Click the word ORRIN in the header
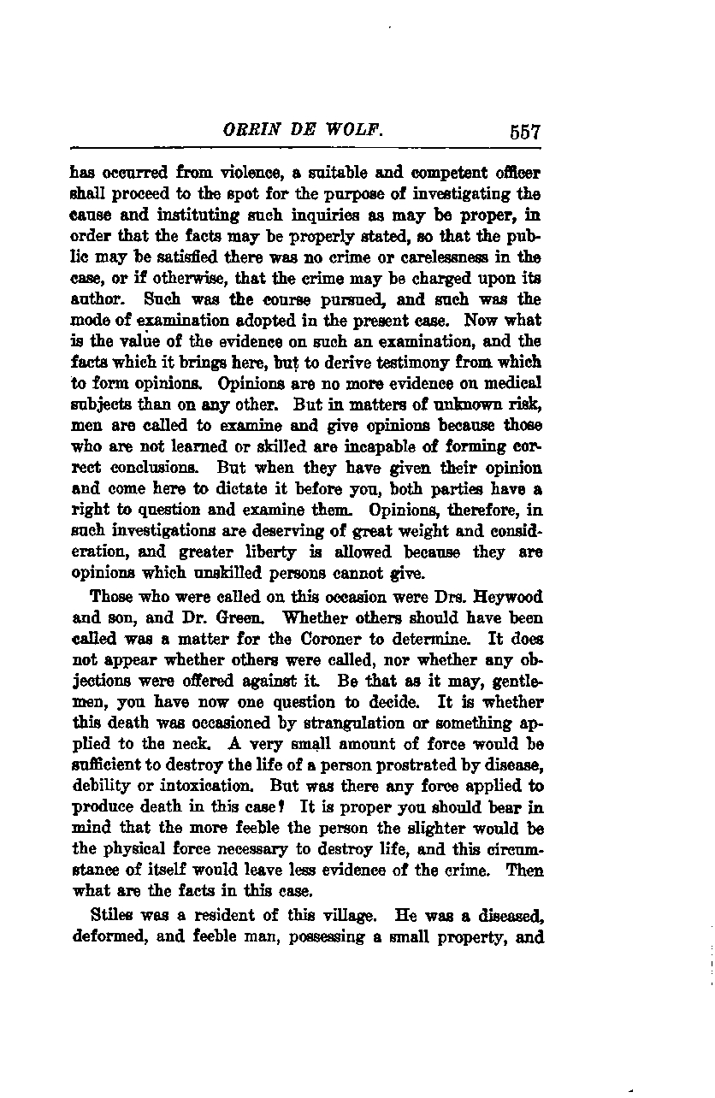click(x=248, y=132)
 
